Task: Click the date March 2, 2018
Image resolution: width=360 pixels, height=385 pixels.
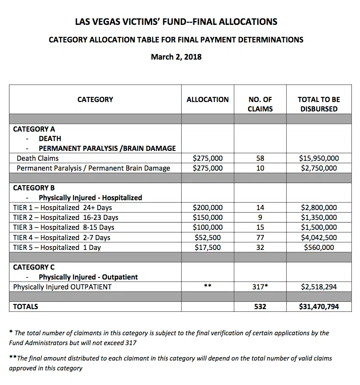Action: pyautogui.click(x=176, y=57)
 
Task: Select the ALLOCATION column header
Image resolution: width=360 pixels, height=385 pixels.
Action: pyautogui.click(x=207, y=99)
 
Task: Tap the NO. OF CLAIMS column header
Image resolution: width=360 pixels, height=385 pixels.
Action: pyautogui.click(x=260, y=104)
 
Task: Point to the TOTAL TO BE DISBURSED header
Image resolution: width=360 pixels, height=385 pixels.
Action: pyautogui.click(x=318, y=104)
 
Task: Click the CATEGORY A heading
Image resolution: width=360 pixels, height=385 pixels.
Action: pyautogui.click(x=34, y=129)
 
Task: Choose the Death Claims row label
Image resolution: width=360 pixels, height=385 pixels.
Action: pyautogui.click(x=38, y=158)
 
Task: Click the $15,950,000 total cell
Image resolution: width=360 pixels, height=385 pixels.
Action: pyautogui.click(x=319, y=158)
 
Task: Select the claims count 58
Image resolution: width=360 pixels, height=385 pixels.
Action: pyautogui.click(x=260, y=158)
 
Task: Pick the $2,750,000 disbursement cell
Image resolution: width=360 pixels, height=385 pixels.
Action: pyautogui.click(x=319, y=168)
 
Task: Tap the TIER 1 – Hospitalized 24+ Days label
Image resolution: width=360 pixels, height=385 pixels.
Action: pyautogui.click(x=63, y=208)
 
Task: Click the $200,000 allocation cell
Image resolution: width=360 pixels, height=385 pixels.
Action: pyautogui.click(x=207, y=208)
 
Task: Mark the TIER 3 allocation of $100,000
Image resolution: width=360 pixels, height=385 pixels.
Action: pyautogui.click(x=207, y=227)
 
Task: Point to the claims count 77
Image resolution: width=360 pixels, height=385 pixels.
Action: pyautogui.click(x=260, y=237)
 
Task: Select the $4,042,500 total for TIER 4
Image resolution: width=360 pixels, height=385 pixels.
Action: pyautogui.click(x=319, y=237)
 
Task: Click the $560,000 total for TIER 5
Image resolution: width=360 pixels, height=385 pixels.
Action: pyautogui.click(x=319, y=247)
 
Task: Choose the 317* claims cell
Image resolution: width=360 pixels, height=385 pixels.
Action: pyautogui.click(x=260, y=287)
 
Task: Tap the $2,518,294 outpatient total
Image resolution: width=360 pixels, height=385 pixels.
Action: pyautogui.click(x=319, y=287)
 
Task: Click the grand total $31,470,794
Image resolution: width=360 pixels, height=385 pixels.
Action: pyautogui.click(x=319, y=307)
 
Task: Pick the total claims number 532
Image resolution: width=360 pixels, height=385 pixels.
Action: pyautogui.click(x=260, y=307)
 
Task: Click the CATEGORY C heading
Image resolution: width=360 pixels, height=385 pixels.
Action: pyautogui.click(x=34, y=267)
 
